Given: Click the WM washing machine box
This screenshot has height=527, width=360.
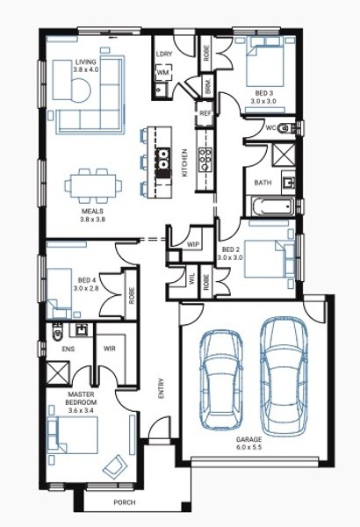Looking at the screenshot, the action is coord(163,72).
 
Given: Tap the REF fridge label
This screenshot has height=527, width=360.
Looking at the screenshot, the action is coord(205,113).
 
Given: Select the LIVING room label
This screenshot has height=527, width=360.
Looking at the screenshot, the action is coord(86,61).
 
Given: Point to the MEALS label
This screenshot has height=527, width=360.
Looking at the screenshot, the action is coord(92,211).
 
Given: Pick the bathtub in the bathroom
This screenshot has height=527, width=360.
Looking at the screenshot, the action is coord(272,206).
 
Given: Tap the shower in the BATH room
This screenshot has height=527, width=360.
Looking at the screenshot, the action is coord(283,155).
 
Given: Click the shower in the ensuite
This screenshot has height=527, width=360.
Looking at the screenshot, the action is coord(58,372).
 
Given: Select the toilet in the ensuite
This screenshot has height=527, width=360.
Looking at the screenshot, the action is coord(57,331).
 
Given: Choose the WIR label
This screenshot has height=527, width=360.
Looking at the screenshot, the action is coord(110,349).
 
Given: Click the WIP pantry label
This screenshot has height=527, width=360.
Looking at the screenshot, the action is coord(192,244).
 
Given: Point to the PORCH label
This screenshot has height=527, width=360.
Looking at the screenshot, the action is coord(125,502).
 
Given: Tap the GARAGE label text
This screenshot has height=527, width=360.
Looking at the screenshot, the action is coord(248,439).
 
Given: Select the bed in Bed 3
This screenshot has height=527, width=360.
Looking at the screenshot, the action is coord(264,61).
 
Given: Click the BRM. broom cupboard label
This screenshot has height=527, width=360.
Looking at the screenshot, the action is coord(208,86).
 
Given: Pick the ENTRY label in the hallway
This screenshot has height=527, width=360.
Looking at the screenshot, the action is coord(161,389).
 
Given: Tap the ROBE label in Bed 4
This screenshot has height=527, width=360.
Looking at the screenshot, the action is coord(132,295).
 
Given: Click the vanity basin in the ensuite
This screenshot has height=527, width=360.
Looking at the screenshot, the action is coord(81,329).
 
